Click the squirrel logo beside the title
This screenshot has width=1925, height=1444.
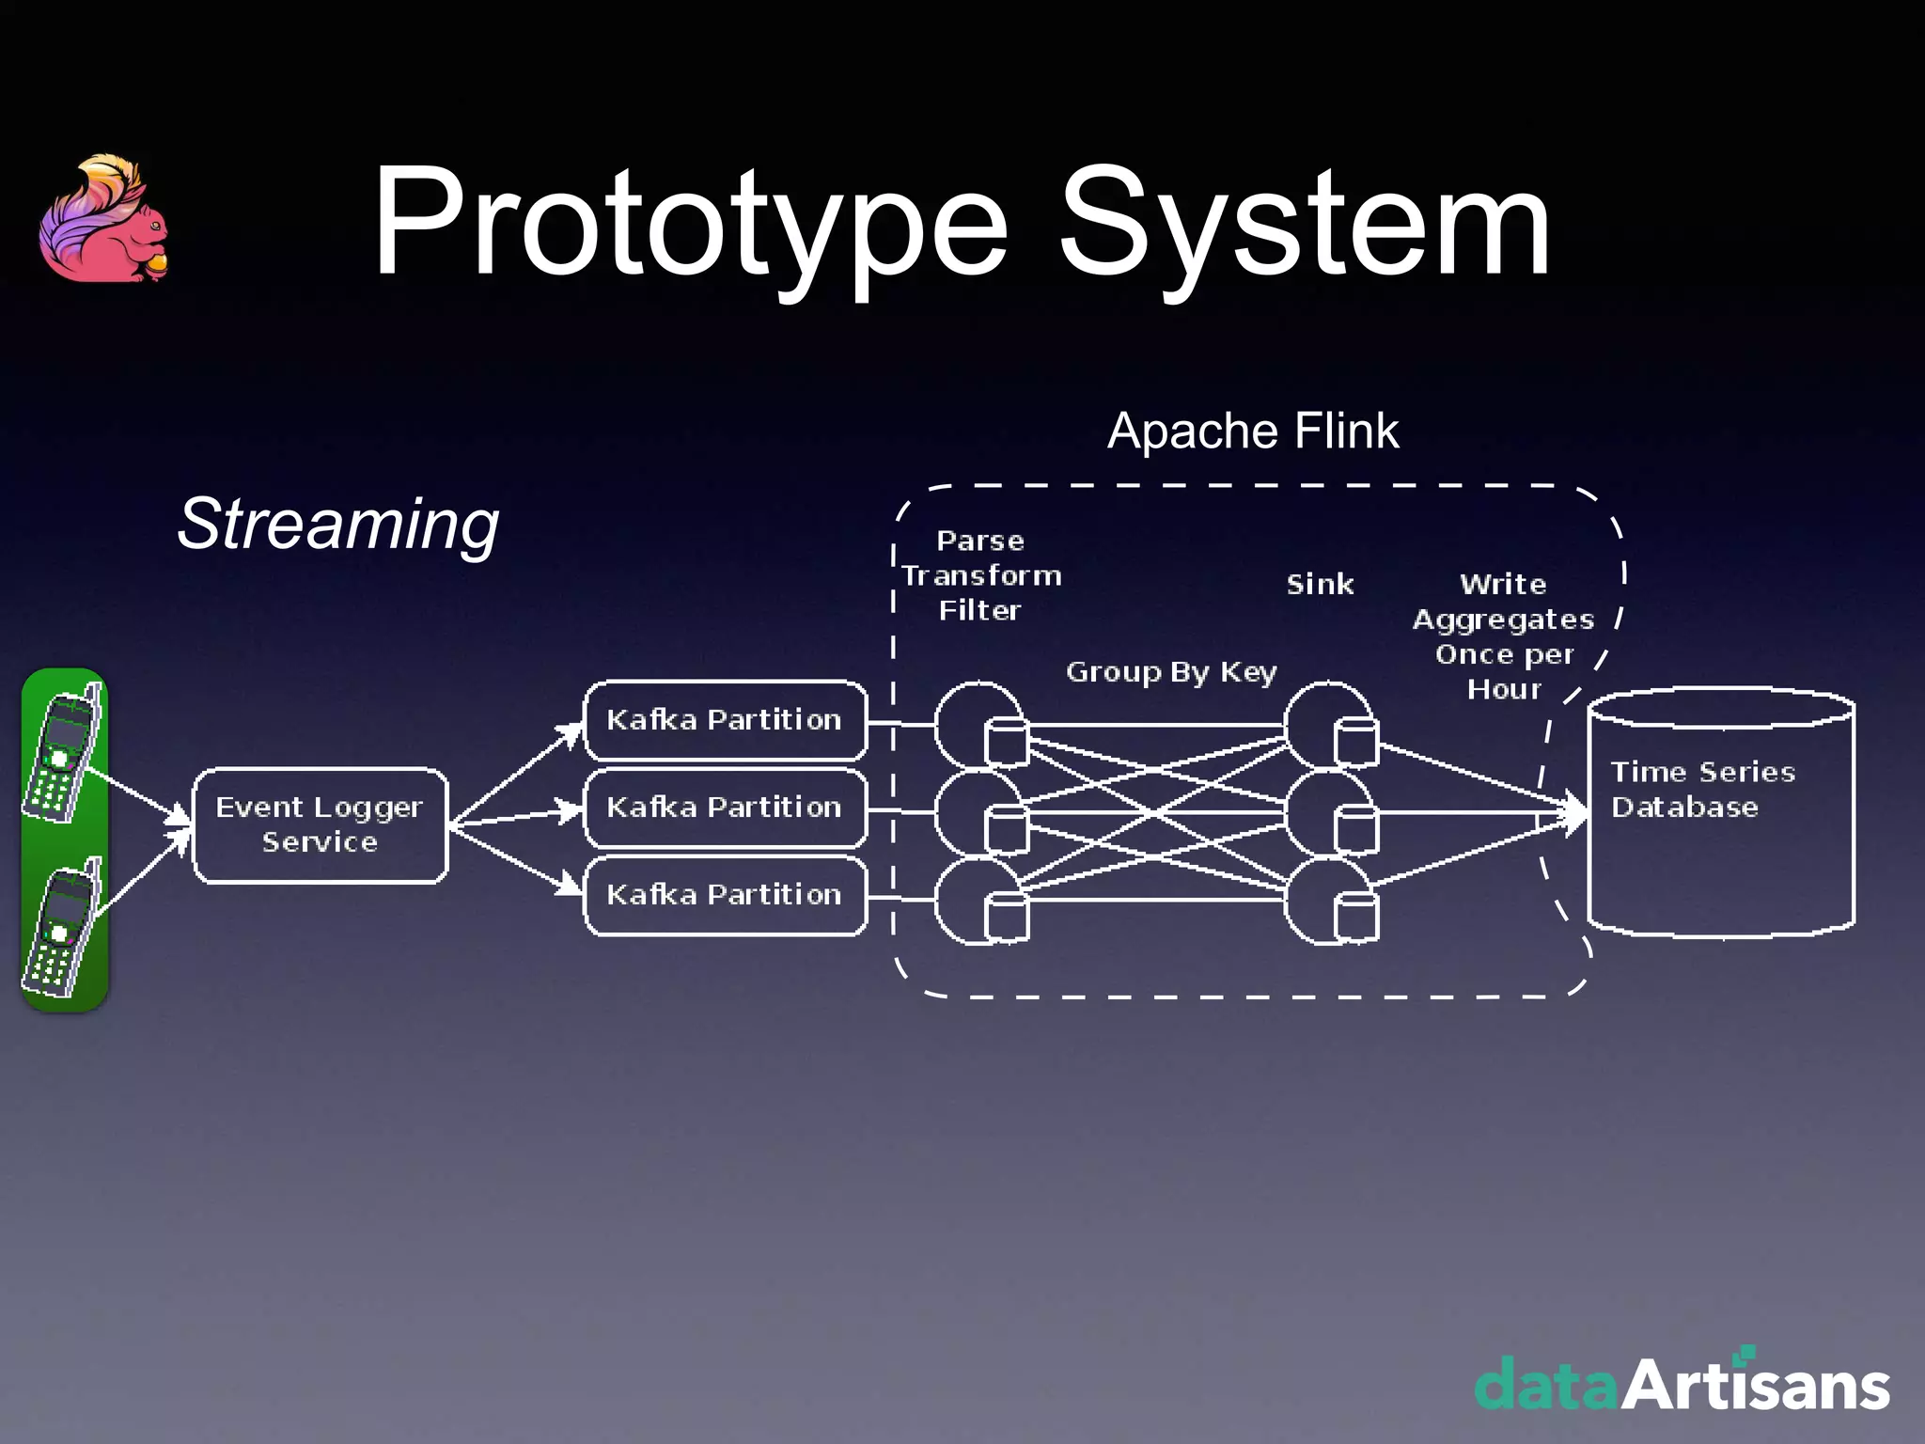(103, 220)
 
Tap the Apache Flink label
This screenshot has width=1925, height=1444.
(1253, 432)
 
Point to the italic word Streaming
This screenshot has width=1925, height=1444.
(338, 524)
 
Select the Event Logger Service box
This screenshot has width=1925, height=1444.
(321, 825)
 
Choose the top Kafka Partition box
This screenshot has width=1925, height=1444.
(725, 720)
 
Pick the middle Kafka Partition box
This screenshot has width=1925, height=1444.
(725, 808)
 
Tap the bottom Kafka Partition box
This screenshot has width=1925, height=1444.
(725, 895)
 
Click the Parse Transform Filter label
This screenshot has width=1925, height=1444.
(980, 575)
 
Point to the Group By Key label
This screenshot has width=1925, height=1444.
(1171, 672)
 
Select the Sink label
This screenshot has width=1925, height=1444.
(1320, 585)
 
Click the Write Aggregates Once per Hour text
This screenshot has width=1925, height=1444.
(1504, 636)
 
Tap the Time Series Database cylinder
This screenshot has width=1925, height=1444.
(1720, 814)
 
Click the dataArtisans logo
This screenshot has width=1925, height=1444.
(1682, 1383)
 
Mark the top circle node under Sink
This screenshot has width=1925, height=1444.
(1327, 725)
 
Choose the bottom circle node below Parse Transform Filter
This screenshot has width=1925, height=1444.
(978, 900)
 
